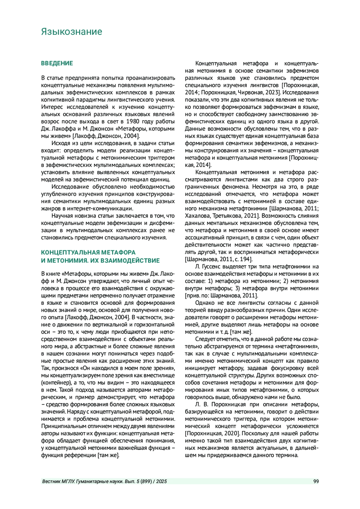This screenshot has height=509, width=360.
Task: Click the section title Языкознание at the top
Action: coord(71,32)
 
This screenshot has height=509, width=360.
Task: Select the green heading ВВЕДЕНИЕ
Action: coord(57,63)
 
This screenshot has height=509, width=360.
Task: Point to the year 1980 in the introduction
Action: coord(133,121)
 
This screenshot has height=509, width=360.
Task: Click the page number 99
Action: coord(316,481)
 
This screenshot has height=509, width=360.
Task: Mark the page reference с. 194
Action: coord(243,259)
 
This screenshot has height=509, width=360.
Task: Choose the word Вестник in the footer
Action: coord(52,481)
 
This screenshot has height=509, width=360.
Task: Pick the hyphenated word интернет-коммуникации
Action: coord(106,208)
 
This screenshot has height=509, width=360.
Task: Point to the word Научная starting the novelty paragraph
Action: coord(62,216)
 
